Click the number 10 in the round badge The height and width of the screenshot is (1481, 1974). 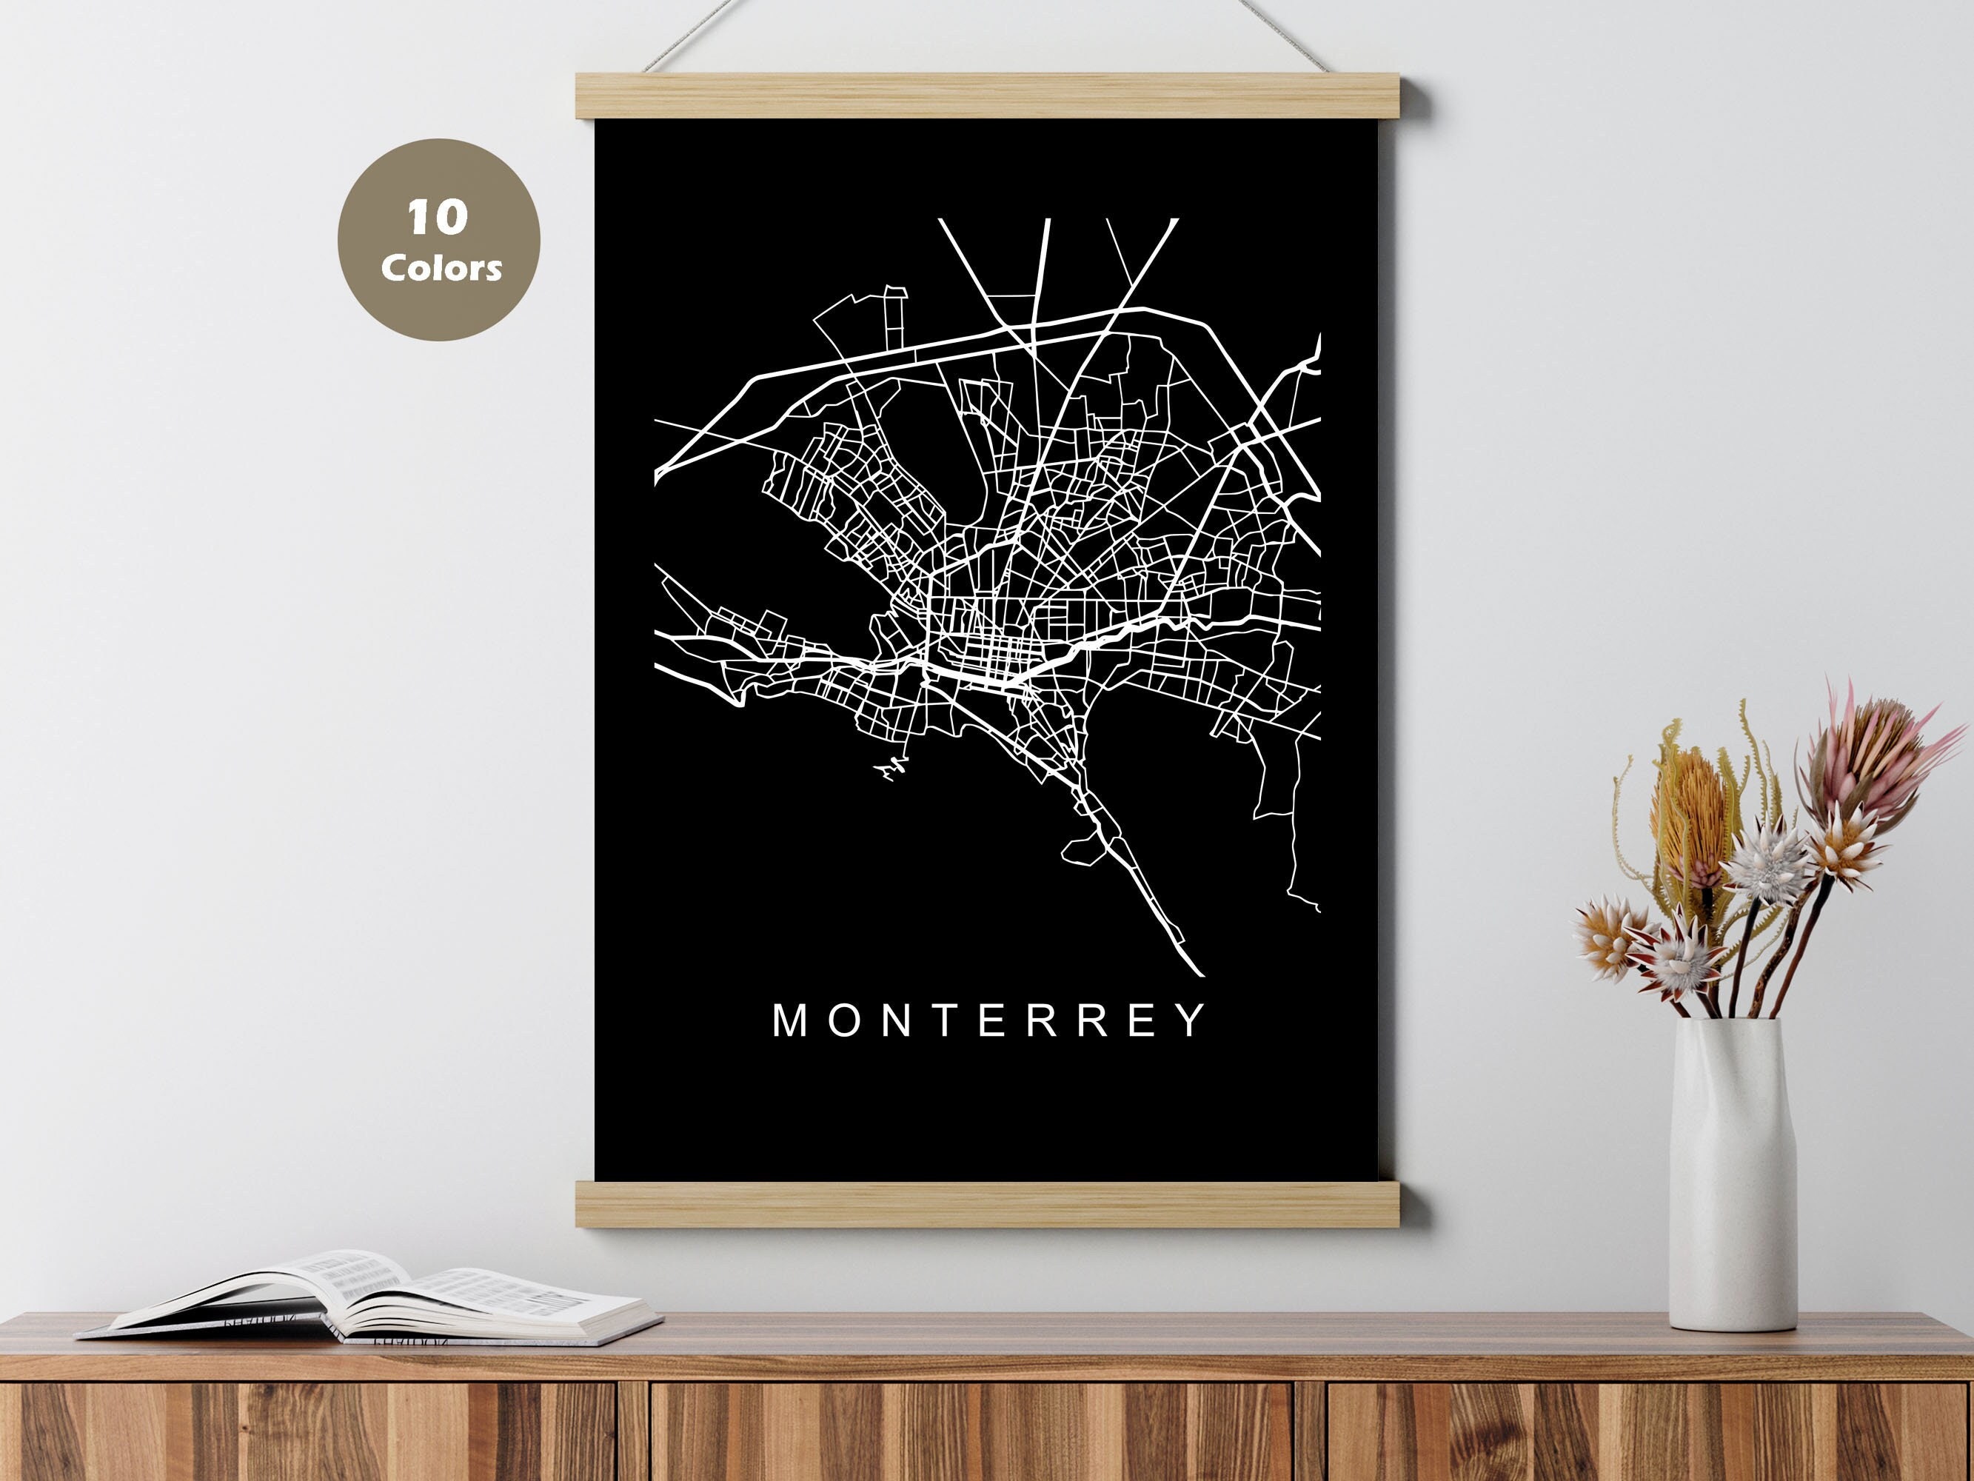click(438, 218)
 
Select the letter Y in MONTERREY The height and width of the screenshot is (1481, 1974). click(1193, 1020)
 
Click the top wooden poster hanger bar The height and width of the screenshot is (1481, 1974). click(988, 96)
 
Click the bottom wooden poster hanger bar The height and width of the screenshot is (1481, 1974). click(988, 1203)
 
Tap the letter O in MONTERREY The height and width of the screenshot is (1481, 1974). click(843, 1020)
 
